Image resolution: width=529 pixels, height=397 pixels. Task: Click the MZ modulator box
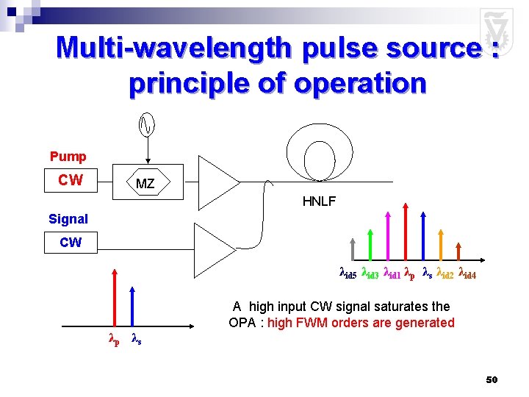(145, 183)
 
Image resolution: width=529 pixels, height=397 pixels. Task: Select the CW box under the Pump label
(71, 180)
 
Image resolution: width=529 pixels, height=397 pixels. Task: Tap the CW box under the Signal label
(71, 242)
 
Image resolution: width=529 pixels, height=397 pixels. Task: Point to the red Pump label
(68, 157)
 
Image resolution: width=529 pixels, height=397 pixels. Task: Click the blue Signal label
(68, 218)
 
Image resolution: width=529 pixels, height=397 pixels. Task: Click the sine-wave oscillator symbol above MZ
(146, 126)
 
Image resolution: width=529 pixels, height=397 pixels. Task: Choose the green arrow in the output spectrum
(370, 242)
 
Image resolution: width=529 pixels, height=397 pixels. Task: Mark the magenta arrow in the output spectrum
(388, 235)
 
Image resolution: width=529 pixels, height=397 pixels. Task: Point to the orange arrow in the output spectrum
(442, 242)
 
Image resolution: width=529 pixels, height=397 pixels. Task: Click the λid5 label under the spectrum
(348, 273)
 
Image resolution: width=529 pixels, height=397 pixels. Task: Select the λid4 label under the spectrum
(468, 273)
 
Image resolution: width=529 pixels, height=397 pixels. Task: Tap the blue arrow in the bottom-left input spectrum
(132, 310)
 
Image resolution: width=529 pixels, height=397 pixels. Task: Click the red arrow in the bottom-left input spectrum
(115, 310)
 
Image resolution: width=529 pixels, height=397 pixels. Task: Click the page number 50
(492, 379)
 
